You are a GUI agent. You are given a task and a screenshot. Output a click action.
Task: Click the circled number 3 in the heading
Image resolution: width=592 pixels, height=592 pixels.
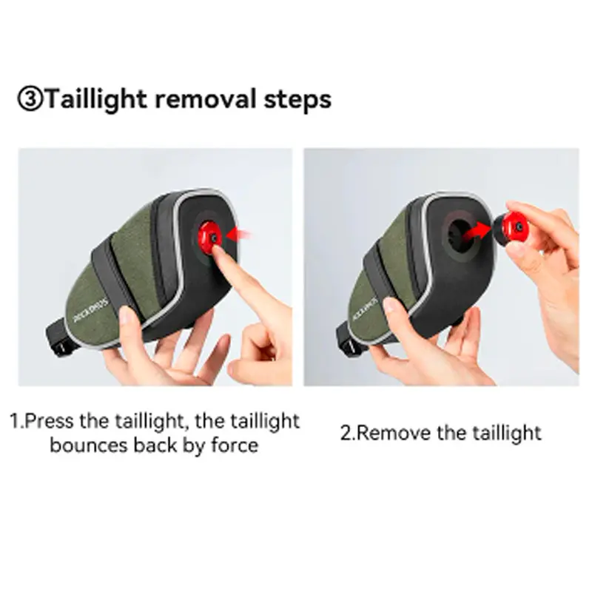coord(30,99)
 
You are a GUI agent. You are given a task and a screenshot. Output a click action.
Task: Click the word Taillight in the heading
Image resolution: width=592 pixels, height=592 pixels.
coord(96,100)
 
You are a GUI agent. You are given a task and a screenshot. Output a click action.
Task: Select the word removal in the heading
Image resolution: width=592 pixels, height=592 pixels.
coord(205,99)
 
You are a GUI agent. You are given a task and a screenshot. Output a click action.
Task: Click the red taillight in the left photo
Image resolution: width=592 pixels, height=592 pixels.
coord(209,237)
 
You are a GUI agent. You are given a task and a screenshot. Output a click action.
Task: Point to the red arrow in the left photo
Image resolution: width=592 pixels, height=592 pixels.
coord(238,235)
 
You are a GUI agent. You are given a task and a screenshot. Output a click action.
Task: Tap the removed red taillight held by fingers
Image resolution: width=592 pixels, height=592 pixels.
coord(511,228)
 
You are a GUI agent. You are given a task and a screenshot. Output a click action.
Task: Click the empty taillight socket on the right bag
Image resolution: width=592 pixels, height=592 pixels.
coord(461,235)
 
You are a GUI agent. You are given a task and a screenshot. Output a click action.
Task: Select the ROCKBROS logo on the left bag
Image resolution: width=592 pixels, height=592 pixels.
coord(91,311)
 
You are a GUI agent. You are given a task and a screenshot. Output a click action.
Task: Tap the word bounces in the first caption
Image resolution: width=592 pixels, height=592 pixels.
coord(90,445)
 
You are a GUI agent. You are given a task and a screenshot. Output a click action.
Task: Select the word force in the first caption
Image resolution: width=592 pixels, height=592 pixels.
coord(235,445)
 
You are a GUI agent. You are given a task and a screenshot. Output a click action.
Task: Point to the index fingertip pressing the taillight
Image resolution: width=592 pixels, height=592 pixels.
coord(217,251)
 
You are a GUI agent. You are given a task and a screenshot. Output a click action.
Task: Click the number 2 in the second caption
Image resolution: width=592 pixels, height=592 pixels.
coord(346,433)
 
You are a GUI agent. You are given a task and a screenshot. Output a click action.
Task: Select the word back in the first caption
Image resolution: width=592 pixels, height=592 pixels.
coord(155,445)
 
